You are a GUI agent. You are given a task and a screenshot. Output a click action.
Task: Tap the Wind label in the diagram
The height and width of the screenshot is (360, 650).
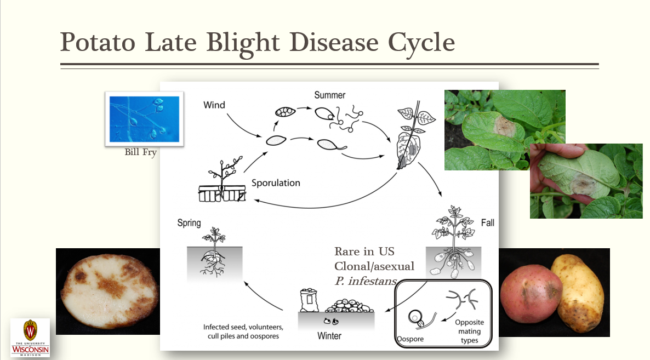coord(214,105)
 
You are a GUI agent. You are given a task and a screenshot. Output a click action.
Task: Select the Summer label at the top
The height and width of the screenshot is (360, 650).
coord(329,95)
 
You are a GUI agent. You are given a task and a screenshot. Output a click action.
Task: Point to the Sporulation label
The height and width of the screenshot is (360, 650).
coord(276,182)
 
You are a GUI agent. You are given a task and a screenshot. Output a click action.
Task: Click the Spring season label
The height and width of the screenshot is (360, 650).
coord(189,223)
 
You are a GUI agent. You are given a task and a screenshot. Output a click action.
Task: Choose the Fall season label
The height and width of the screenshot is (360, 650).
coord(488,222)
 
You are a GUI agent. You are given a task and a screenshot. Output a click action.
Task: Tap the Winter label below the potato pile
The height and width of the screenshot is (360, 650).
coord(329,335)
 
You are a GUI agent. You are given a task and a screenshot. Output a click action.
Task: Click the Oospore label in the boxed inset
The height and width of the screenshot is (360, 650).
coord(410,339)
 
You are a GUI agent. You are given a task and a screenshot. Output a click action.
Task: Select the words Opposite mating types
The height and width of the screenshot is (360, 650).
coord(469,331)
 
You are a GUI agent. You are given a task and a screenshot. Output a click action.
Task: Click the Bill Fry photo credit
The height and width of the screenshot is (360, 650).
coord(140,152)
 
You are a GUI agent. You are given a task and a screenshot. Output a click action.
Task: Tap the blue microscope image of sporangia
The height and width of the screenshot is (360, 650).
coord(144,119)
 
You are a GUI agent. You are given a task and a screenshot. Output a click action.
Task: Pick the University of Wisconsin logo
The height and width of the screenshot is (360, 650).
coord(30,338)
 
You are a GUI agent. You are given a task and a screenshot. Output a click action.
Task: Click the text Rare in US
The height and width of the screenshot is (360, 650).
coord(364,252)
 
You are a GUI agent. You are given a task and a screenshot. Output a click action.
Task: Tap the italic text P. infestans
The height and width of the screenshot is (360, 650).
coord(365,281)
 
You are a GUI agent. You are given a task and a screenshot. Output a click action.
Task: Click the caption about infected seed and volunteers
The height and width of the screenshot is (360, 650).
coord(243,332)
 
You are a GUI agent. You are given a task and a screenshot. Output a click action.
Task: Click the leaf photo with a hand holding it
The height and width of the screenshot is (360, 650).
coord(586,181)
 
